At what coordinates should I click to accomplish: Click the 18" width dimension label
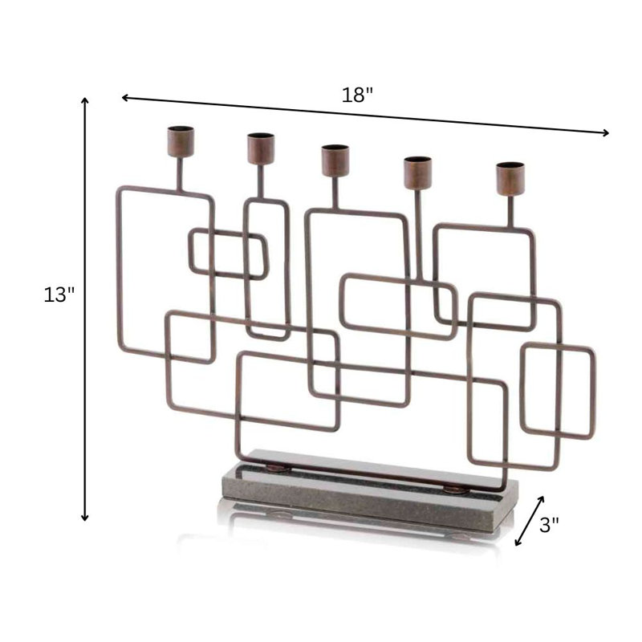point(357,95)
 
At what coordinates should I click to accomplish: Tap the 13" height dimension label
point(59,295)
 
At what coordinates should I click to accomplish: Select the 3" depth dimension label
point(549,525)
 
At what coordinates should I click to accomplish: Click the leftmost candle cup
point(181,142)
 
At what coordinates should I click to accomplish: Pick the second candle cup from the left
point(261,148)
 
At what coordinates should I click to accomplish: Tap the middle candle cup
point(335,160)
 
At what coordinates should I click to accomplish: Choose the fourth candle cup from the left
point(417,173)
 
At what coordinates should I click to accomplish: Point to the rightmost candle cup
point(510,179)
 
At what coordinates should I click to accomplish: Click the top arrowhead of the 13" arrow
point(85,101)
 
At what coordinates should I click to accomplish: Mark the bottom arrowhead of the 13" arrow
point(85,518)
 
